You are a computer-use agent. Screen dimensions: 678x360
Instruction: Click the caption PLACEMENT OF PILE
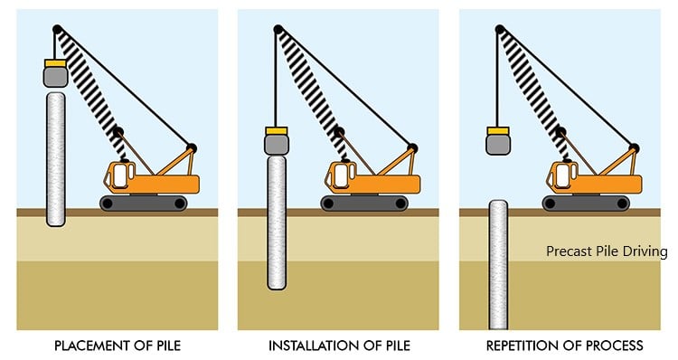click(118, 346)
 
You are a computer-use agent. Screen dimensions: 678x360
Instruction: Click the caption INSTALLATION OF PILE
click(339, 346)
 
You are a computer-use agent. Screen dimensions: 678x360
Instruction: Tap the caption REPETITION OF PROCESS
click(565, 346)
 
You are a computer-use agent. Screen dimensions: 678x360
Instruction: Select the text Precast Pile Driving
click(607, 251)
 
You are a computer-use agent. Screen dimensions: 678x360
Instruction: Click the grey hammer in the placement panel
click(56, 77)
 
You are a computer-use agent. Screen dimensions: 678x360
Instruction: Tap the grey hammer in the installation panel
click(277, 144)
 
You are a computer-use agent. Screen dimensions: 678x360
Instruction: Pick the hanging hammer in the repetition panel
click(498, 145)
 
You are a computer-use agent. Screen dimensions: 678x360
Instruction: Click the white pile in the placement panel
click(56, 159)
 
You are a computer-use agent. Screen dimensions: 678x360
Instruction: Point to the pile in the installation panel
click(277, 223)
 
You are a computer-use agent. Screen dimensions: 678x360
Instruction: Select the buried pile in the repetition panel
click(498, 265)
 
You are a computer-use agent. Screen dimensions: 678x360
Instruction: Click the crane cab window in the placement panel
click(119, 175)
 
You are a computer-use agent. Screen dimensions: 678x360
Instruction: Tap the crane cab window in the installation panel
click(341, 175)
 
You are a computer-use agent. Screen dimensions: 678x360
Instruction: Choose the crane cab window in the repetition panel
click(562, 175)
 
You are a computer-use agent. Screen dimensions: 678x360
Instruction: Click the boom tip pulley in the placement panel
click(57, 30)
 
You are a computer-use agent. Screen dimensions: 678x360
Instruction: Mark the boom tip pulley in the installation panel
click(278, 30)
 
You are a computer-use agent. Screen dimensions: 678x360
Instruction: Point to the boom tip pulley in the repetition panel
click(500, 30)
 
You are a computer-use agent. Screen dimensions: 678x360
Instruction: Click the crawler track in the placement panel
click(144, 203)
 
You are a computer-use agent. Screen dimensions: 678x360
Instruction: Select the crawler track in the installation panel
click(364, 203)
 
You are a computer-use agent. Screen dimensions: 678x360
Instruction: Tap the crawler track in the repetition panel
click(586, 203)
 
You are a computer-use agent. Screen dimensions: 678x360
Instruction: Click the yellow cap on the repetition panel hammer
click(498, 131)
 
